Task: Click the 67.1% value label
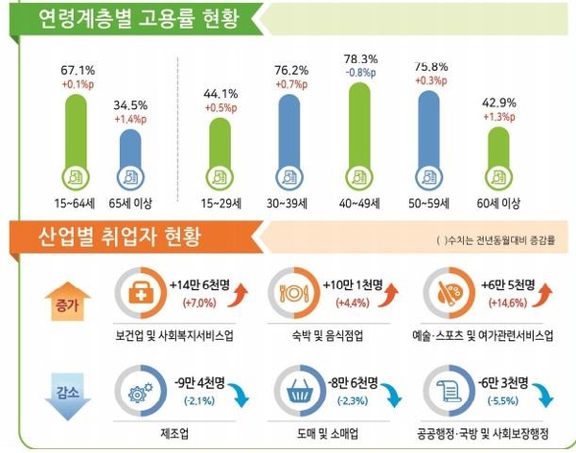78,70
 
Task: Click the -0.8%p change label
358,72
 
